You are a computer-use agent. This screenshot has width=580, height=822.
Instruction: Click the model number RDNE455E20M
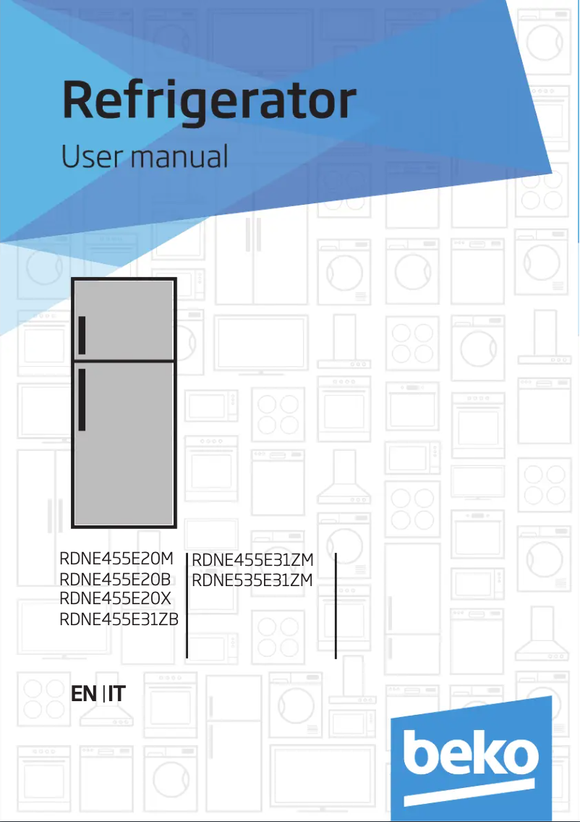point(117,559)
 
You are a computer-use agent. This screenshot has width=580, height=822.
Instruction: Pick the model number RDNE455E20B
point(116,579)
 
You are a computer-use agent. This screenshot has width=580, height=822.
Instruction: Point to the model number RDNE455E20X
point(116,598)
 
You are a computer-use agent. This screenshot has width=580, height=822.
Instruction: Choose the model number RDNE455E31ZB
point(120,619)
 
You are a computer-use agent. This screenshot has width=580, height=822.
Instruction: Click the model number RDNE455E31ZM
point(252,559)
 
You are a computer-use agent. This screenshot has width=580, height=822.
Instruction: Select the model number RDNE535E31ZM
point(252,580)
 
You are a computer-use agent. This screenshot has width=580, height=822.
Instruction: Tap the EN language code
point(84,694)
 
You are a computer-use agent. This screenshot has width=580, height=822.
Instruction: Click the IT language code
point(116,694)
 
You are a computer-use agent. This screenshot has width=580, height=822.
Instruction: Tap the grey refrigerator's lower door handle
point(82,400)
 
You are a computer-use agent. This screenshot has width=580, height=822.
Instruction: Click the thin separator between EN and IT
point(103,694)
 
